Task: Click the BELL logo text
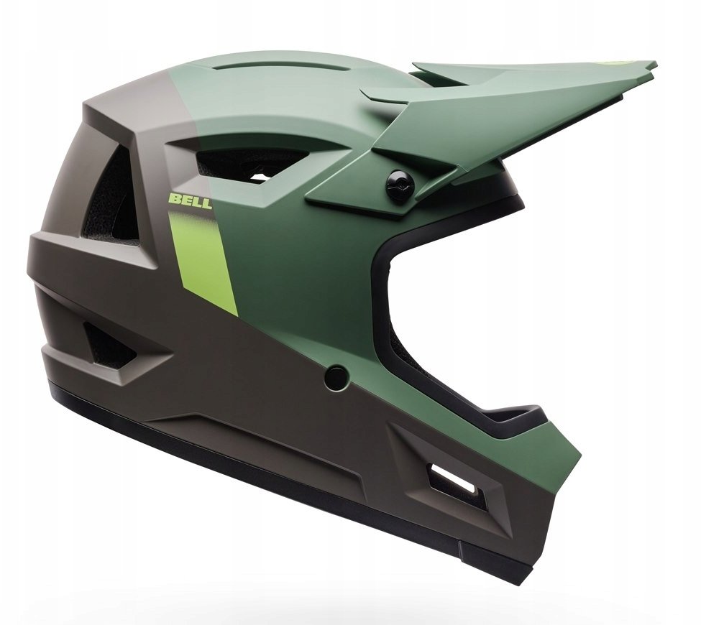[190, 200]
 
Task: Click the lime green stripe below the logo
[203, 260]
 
